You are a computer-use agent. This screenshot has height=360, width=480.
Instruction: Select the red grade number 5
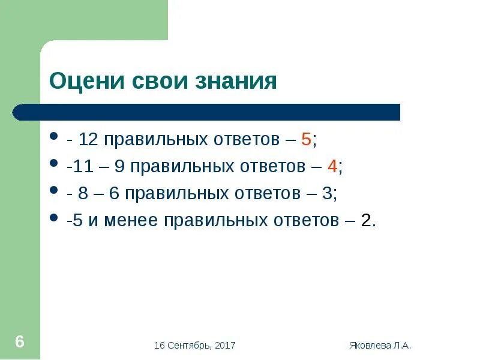click(306, 140)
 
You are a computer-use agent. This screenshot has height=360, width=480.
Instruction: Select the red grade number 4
click(332, 167)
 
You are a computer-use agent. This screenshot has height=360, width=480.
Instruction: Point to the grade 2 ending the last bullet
click(367, 220)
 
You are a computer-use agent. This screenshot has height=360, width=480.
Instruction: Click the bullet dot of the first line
click(55, 137)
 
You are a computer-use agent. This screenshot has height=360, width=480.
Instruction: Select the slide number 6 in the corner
click(20, 342)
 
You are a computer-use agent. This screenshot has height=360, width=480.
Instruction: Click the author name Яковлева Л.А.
click(380, 345)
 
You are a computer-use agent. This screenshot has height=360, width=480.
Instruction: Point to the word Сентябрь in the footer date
click(187, 345)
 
